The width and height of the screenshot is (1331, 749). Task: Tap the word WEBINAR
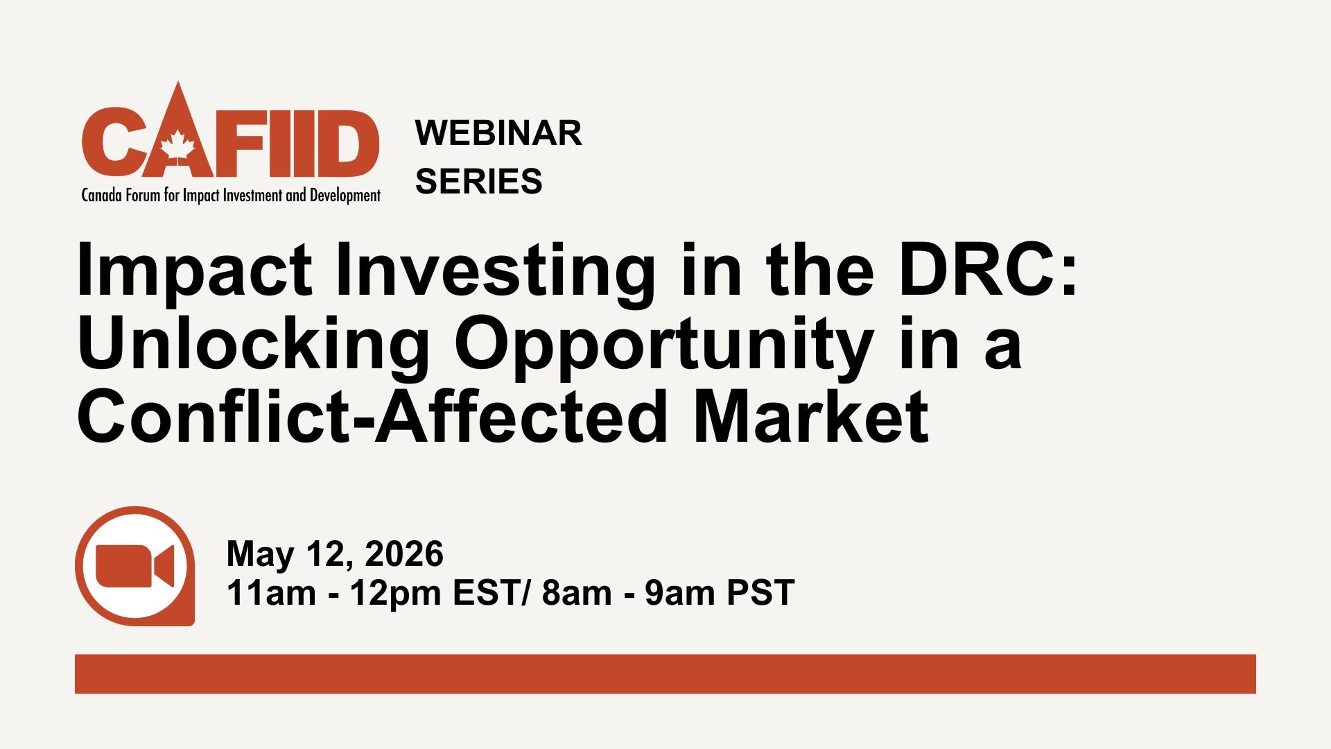498,133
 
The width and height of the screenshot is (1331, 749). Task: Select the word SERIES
478,182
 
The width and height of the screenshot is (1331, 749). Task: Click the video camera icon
134,566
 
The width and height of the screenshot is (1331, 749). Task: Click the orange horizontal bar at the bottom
665,673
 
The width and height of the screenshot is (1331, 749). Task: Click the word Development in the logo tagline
345,196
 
